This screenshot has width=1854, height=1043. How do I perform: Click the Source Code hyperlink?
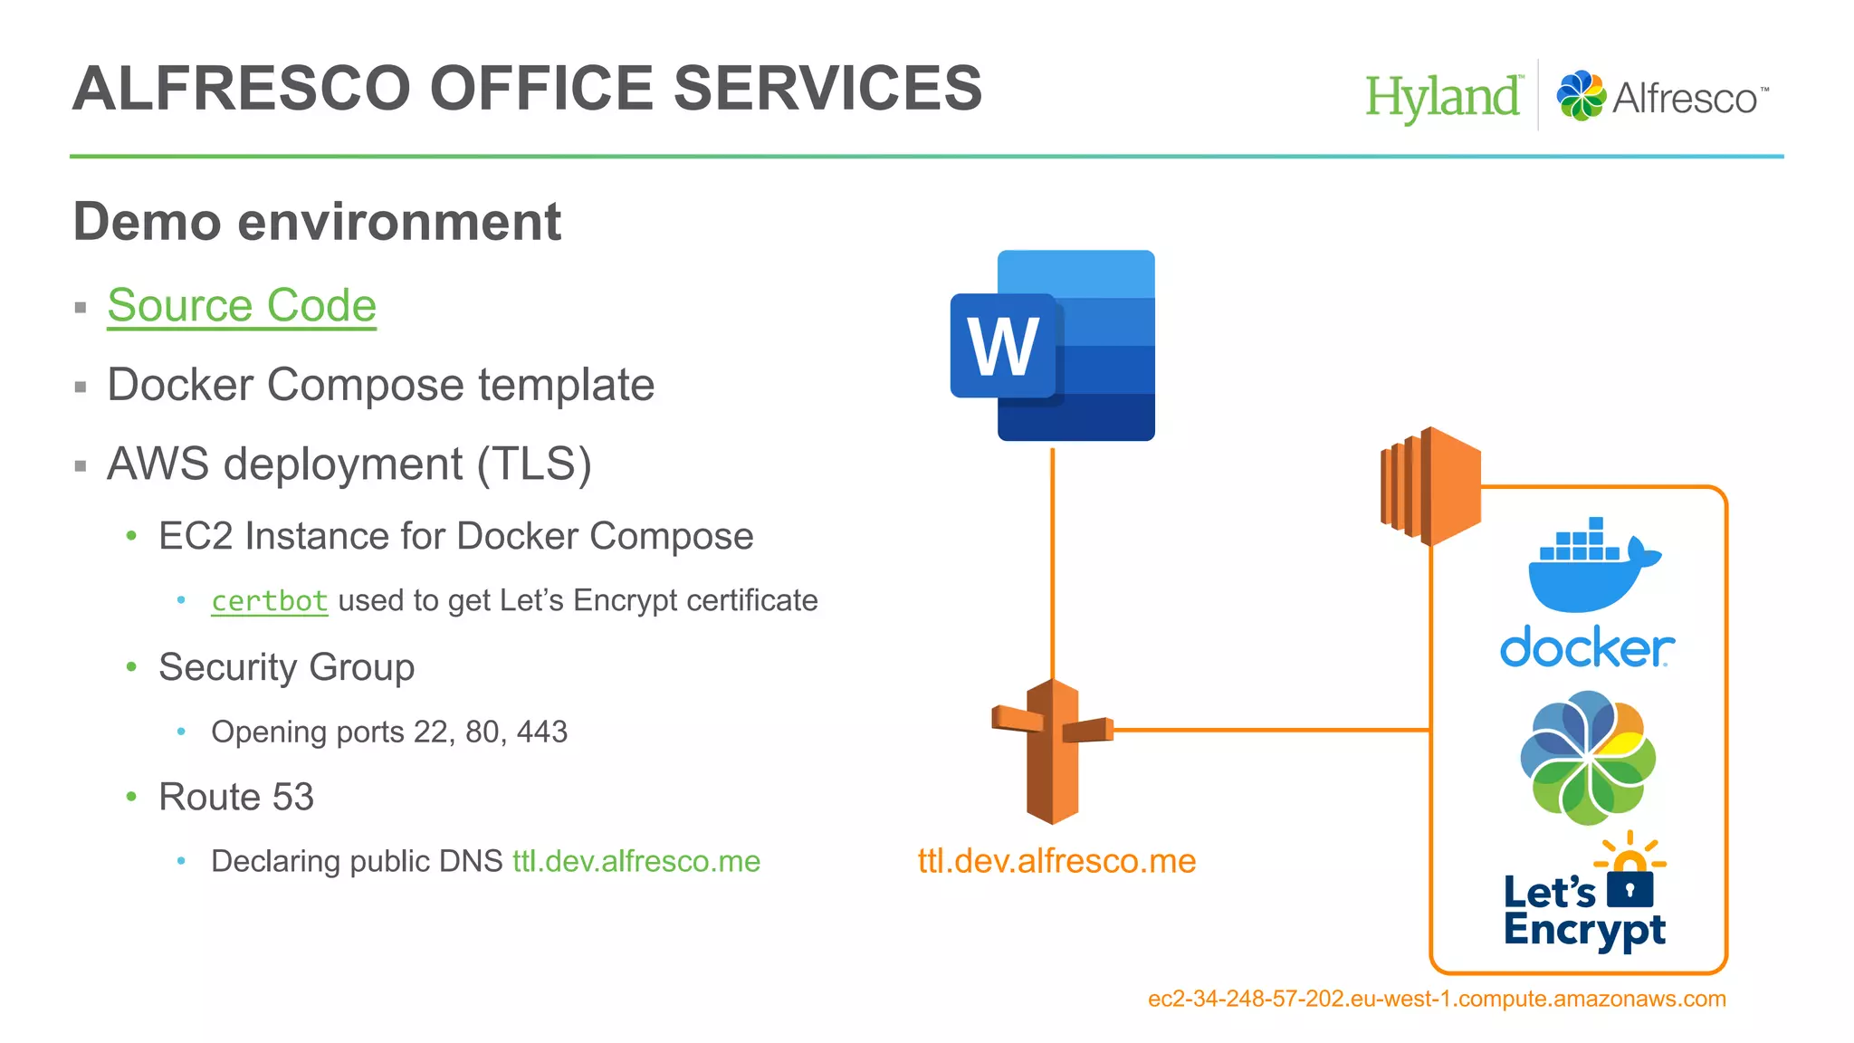(241, 305)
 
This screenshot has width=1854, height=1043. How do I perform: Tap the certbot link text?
(269, 601)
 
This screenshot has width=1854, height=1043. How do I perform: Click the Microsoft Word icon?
(1053, 346)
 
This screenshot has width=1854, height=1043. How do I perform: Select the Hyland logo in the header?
(1443, 97)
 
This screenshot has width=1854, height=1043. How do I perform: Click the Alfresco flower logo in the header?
(1581, 96)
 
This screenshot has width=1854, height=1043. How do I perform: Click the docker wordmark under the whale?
(1587, 647)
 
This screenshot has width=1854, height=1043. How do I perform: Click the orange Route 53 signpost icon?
(1052, 751)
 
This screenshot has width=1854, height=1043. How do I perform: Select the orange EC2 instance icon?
(1430, 486)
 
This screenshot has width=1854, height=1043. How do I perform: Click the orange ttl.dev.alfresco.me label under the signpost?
(1056, 861)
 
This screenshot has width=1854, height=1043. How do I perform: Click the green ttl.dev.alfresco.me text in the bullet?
(636, 861)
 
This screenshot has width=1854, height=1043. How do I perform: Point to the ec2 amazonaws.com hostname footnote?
(1437, 1000)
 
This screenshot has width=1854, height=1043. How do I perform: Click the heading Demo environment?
(317, 222)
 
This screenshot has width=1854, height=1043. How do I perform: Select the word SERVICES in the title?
(827, 89)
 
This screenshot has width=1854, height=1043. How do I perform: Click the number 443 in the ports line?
(541, 732)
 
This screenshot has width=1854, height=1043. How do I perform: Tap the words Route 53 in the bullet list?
(236, 798)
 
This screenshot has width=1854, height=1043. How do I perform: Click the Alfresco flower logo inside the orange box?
(1588, 758)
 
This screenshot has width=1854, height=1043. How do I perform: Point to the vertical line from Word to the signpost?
(1052, 561)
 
